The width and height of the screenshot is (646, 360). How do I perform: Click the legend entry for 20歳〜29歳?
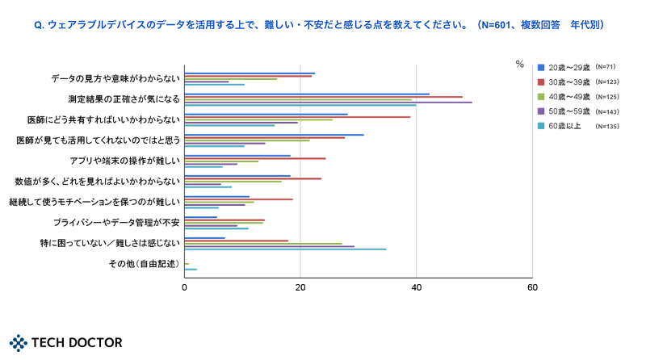coord(570,67)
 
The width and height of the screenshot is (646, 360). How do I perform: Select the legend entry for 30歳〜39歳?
coord(570,82)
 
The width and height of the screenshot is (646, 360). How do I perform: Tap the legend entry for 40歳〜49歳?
coord(570,96)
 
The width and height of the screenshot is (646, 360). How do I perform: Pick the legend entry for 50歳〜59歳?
coord(570,111)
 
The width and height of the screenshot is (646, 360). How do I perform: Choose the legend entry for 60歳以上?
coord(566,126)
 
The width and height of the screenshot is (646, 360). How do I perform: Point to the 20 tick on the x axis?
coord(300,287)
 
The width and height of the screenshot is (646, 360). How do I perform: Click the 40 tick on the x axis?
coord(416,287)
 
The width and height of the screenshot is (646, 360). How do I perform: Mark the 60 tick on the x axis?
coord(531,287)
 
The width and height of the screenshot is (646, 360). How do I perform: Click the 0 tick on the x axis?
coord(185,287)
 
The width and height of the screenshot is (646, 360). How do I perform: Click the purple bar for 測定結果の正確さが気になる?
coord(328,103)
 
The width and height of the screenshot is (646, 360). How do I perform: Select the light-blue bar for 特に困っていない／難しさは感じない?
coord(285,249)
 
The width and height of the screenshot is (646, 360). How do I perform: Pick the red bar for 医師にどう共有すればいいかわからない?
coord(297,117)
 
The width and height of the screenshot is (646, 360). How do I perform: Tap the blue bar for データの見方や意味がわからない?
coord(250,73)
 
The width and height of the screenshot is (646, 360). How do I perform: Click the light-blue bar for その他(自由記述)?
coord(191,270)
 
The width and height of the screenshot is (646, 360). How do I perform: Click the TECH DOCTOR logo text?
coord(77,343)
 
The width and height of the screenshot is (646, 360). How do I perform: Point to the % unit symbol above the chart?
coord(520,65)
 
